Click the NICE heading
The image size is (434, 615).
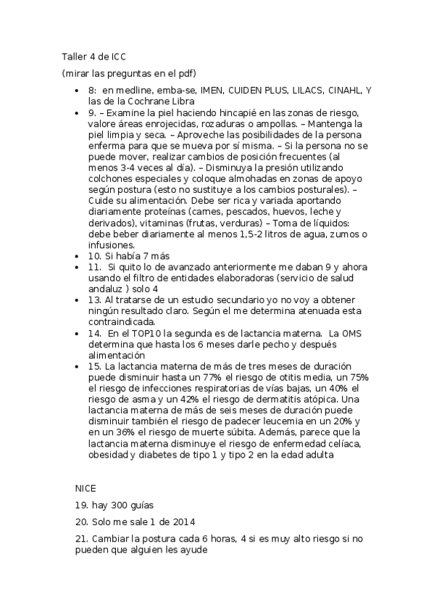tap(85, 487)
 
